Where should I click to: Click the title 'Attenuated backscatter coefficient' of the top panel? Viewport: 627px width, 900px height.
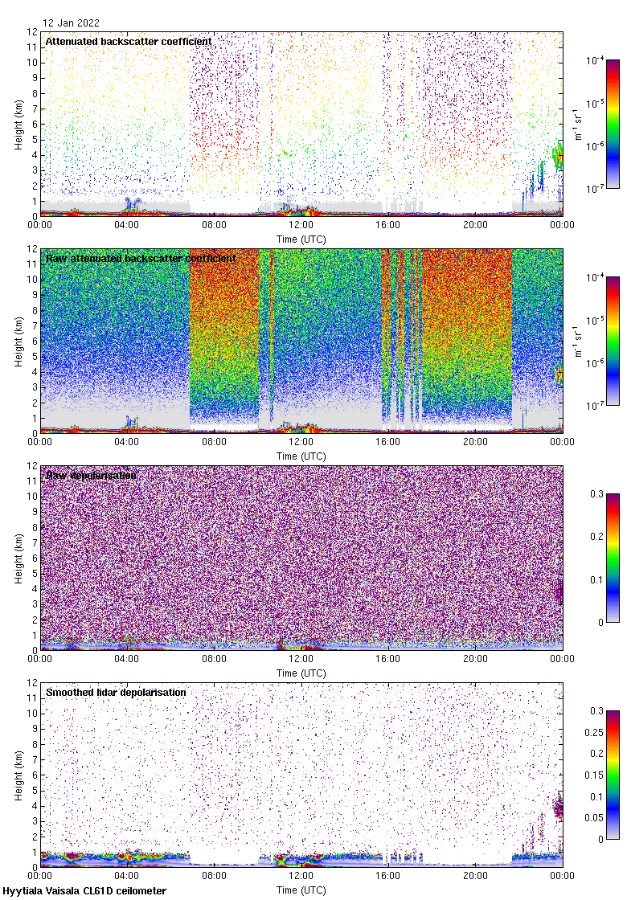point(129,41)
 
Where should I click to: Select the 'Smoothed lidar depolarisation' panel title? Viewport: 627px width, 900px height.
point(116,692)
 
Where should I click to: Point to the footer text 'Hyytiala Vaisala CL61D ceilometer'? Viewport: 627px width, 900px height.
point(84,891)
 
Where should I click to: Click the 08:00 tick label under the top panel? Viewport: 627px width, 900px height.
point(214,225)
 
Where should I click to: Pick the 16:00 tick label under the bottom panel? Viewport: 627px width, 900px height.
point(388,876)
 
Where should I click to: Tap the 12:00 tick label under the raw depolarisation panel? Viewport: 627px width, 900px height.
point(301,659)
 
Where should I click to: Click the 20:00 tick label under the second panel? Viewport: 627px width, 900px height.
point(475,442)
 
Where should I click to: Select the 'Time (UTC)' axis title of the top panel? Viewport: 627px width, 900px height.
point(301,239)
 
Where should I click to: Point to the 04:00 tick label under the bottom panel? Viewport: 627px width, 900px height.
point(127,876)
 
